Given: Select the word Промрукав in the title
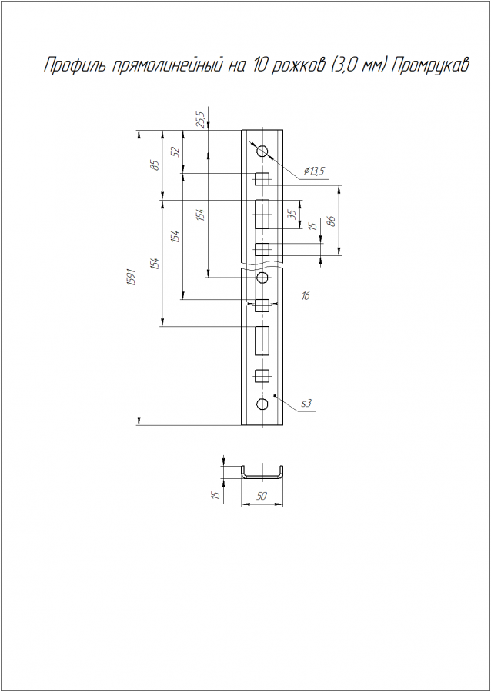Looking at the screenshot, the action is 429,66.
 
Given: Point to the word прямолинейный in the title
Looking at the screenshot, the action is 170,67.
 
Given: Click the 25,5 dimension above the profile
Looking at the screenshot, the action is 202,120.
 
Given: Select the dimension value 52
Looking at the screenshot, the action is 176,151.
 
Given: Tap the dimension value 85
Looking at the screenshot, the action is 155,165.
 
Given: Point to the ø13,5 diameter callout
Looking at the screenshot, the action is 314,171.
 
